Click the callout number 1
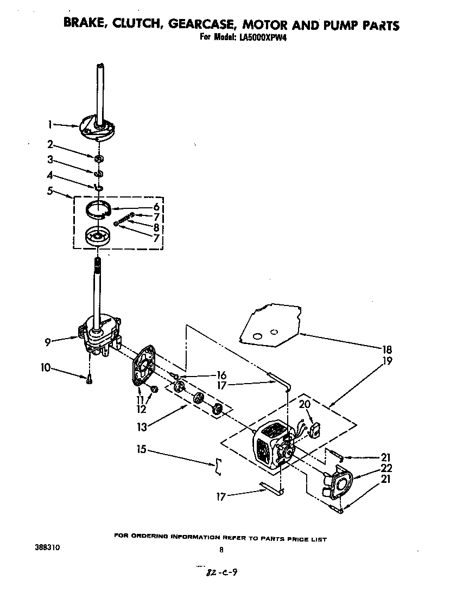point(49,124)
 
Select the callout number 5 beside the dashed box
point(49,190)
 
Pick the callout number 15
point(141,450)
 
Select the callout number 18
point(386,350)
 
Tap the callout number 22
point(386,468)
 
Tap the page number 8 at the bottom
point(221,550)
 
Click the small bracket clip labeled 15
point(218,466)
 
